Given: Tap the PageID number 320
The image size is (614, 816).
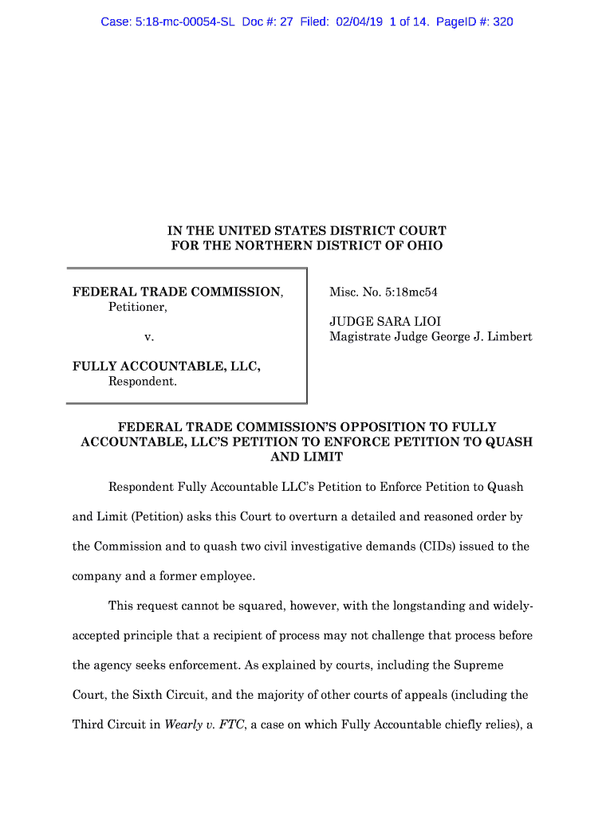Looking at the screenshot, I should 502,22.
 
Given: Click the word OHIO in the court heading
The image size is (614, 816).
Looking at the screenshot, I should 426,245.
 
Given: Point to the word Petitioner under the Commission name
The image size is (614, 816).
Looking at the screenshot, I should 137,307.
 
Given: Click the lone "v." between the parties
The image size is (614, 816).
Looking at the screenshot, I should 148,337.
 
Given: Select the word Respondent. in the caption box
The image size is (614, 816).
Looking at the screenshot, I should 142,382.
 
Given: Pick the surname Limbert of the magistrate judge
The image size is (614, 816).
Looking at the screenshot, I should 506,337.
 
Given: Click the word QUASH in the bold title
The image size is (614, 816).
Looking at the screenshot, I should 508,442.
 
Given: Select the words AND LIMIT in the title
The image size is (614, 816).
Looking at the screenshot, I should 307,457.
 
